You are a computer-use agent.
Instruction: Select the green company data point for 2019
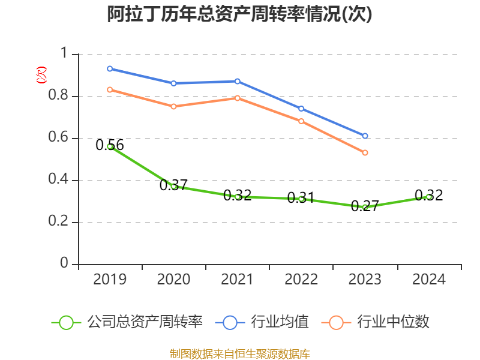[110, 146]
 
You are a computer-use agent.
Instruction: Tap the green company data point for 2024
[428, 197]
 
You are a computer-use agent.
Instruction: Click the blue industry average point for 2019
[110, 69]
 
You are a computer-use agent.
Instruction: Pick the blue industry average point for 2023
[365, 136]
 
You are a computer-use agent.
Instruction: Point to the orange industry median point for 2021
[238, 98]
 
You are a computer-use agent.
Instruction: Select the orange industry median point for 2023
[365, 152]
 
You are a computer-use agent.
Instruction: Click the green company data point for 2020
[173, 186]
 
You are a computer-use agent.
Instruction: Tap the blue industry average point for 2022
[301, 109]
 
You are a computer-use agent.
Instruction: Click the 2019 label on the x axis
[110, 280]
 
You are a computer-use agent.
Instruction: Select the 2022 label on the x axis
[301, 280]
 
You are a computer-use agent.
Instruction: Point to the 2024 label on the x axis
[428, 280]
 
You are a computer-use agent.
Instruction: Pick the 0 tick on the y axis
[65, 265]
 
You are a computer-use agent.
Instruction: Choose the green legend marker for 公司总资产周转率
[66, 322]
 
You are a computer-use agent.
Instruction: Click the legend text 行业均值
[280, 322]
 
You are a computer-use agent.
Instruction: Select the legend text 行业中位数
[394, 322]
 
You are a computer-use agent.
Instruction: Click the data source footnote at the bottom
[240, 353]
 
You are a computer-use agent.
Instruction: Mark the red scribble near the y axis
[41, 75]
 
